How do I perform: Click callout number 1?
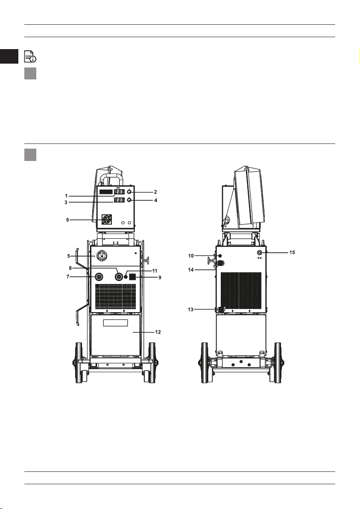[x=66, y=196]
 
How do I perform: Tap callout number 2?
[x=155, y=192]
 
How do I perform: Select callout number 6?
[x=67, y=220]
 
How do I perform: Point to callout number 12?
[x=158, y=332]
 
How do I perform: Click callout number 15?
[x=292, y=252]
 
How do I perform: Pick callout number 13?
[x=190, y=309]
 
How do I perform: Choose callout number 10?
[x=191, y=256]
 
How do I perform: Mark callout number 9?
[x=160, y=278]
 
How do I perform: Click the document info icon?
[x=30, y=56]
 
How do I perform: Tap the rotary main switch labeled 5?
[x=102, y=256]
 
